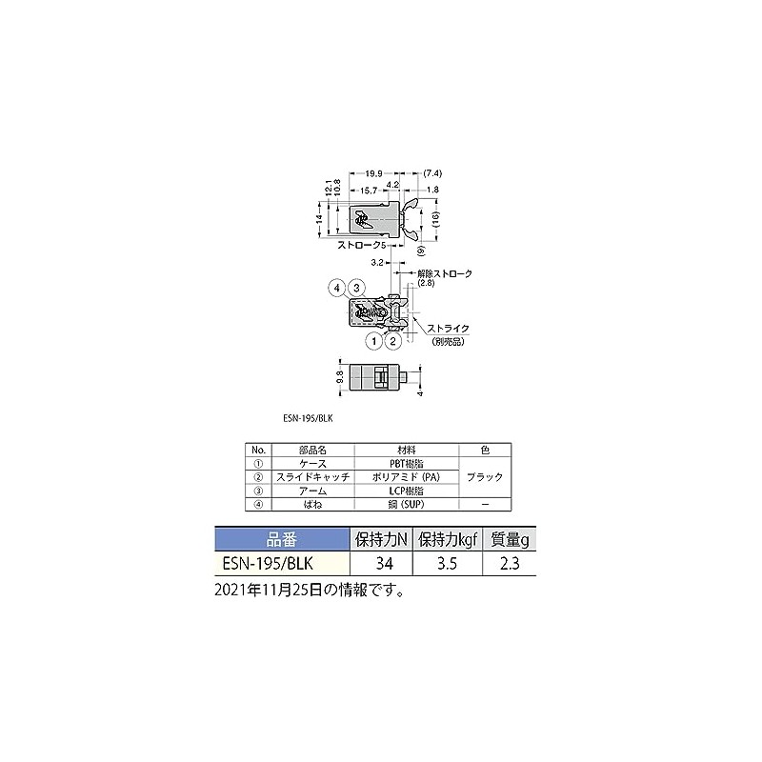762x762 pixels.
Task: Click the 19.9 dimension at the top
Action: coord(373,173)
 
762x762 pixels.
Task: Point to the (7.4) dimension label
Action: coord(431,173)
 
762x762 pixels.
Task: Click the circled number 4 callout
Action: coord(336,287)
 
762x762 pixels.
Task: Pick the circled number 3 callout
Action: coord(355,287)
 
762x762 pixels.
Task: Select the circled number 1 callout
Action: coord(375,339)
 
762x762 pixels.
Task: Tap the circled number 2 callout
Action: coord(393,339)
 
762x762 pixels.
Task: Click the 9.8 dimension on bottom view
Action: coord(342,375)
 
